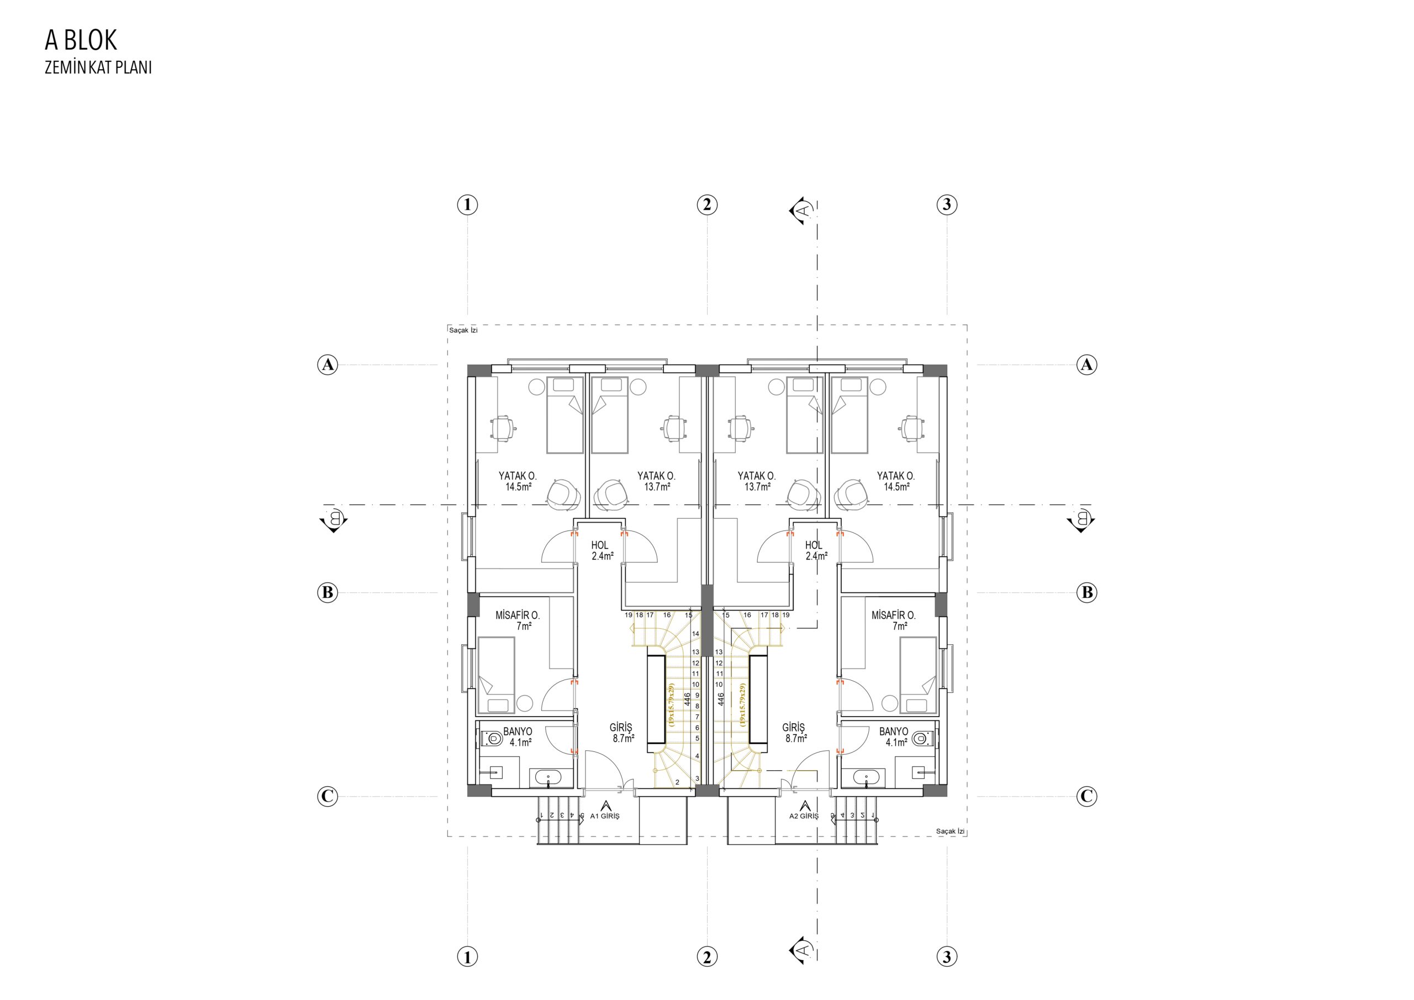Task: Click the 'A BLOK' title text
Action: pos(81,40)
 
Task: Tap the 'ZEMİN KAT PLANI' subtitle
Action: pos(98,68)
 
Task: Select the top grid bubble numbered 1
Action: pos(467,204)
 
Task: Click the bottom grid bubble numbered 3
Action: pos(947,957)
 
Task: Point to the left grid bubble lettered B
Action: pos(328,593)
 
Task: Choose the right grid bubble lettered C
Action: pos(1086,796)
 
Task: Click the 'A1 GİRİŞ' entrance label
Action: pos(605,816)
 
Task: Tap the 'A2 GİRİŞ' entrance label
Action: pos(804,816)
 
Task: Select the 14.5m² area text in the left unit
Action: pos(519,487)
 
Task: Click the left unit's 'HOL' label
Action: pos(600,545)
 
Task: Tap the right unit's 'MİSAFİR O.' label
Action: pos(894,615)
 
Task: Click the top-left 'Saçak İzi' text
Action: pos(463,330)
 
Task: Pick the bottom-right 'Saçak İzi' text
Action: pos(950,831)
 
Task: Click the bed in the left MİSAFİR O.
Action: pos(497,676)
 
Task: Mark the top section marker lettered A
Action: pos(800,210)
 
